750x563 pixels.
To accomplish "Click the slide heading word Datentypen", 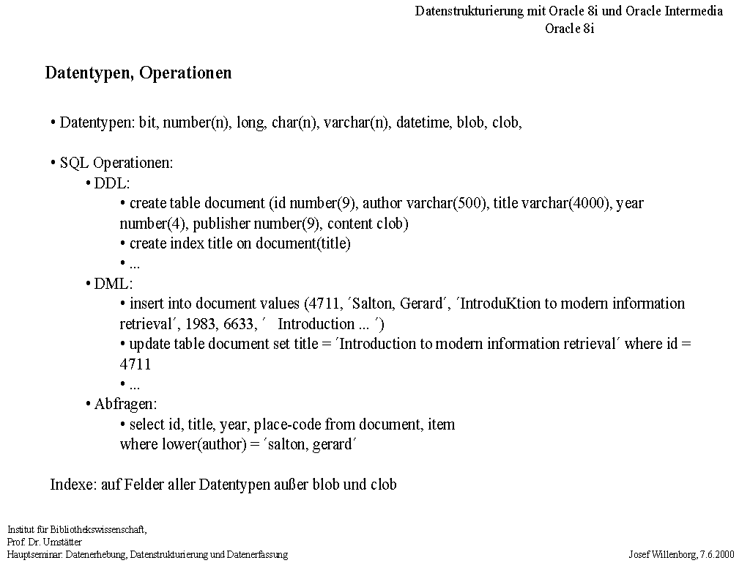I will pyautogui.click(x=88, y=73).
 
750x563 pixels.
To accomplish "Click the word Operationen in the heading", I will pyautogui.click(x=185, y=73).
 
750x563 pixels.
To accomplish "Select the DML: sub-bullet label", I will pyautogui.click(x=113, y=284).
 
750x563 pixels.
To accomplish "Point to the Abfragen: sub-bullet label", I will pyautogui.click(x=125, y=404).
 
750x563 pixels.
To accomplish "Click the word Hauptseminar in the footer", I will pyautogui.click(x=34, y=554).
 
